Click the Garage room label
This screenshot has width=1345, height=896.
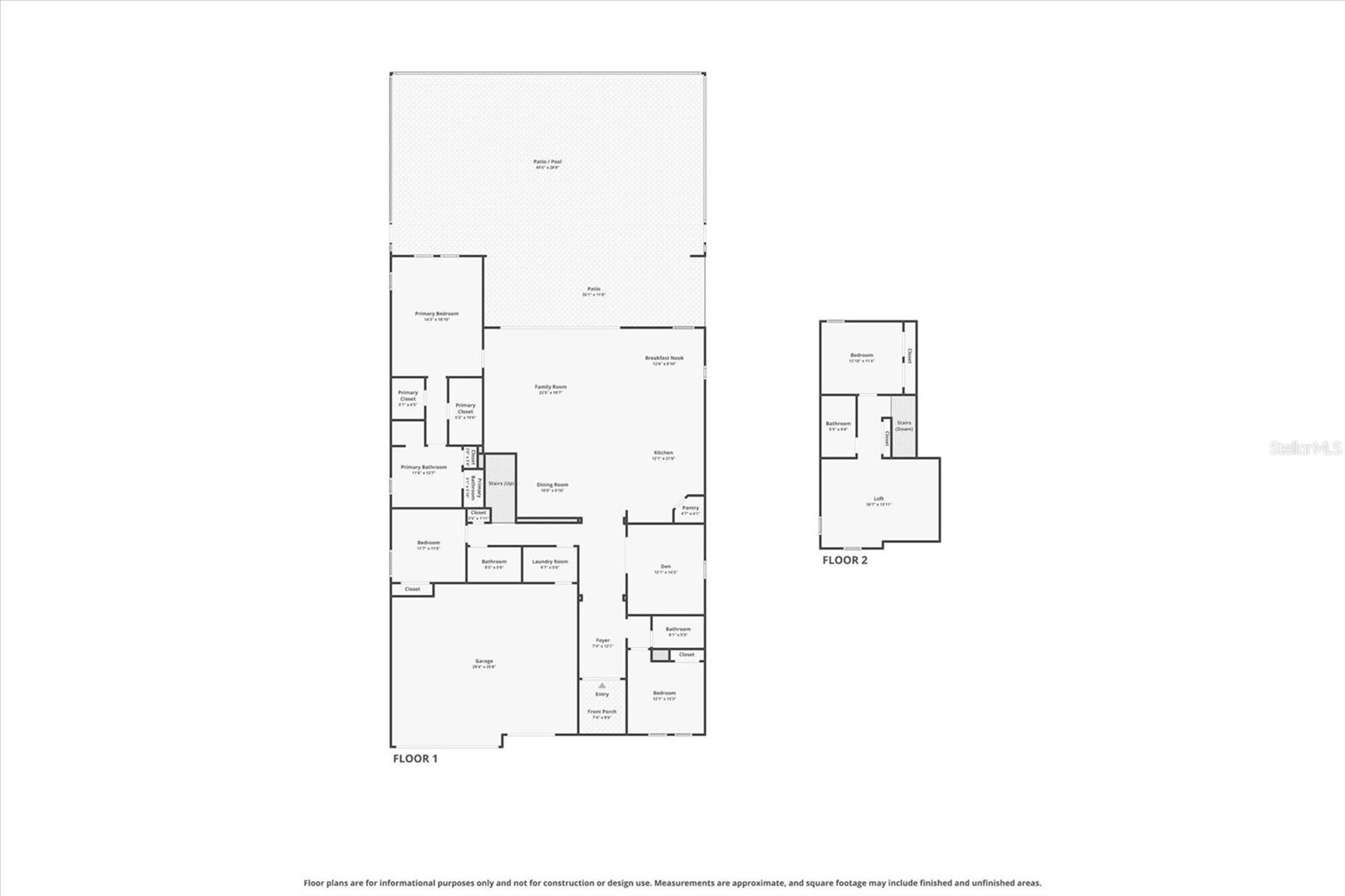click(483, 662)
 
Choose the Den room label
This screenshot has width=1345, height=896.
click(666, 567)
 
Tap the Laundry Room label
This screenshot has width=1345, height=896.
click(550, 562)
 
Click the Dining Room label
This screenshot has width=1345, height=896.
click(552, 486)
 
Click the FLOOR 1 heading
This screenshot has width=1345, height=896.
click(415, 758)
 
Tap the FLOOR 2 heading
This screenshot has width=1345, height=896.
click(844, 560)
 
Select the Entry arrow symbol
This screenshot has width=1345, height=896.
click(602, 686)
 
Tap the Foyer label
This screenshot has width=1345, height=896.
click(603, 641)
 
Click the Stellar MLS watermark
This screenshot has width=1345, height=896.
click(1305, 448)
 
